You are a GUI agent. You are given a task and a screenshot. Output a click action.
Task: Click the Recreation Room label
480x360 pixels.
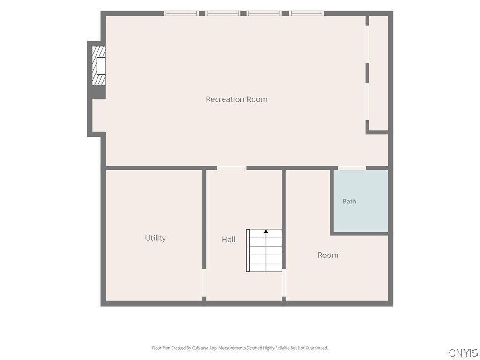click(237, 99)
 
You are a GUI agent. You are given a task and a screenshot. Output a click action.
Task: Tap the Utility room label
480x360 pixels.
click(155, 238)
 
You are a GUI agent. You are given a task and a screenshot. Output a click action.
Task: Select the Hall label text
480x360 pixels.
click(228, 240)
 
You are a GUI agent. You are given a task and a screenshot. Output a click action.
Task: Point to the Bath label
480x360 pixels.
click(349, 202)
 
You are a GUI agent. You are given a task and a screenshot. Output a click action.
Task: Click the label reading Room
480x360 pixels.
click(328, 255)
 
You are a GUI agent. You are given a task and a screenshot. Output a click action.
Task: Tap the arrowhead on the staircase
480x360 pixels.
click(266, 231)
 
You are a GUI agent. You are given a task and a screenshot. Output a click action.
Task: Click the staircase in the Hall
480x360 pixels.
click(264, 250)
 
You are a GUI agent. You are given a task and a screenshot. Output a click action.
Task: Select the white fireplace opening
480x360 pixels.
click(101, 66)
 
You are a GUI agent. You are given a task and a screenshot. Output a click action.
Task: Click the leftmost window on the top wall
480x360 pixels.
click(181, 14)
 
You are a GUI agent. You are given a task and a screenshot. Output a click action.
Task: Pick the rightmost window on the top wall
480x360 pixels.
click(307, 14)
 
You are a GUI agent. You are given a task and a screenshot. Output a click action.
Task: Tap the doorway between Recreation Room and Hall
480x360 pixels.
click(232, 168)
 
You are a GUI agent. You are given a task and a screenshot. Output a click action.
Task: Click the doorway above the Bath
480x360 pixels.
click(352, 168)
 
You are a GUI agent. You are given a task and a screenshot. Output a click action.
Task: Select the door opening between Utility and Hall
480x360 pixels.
click(204, 283)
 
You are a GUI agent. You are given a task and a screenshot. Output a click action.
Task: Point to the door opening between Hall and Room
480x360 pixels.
click(284, 283)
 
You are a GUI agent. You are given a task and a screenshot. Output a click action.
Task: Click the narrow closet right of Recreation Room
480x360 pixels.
click(379, 73)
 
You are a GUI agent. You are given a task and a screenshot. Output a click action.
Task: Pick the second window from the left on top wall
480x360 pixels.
click(223, 14)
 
